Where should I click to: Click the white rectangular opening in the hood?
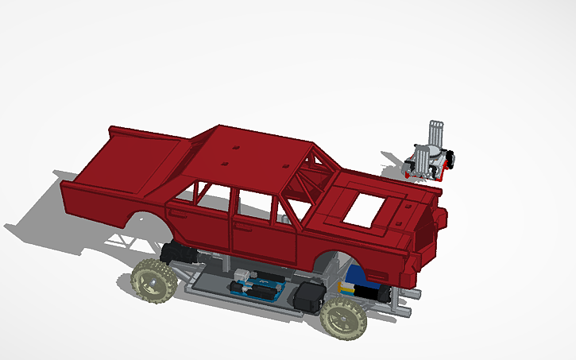(370, 208)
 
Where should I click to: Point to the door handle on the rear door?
(179, 214)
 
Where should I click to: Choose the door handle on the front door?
(242, 226)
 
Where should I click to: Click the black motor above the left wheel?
(179, 253)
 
